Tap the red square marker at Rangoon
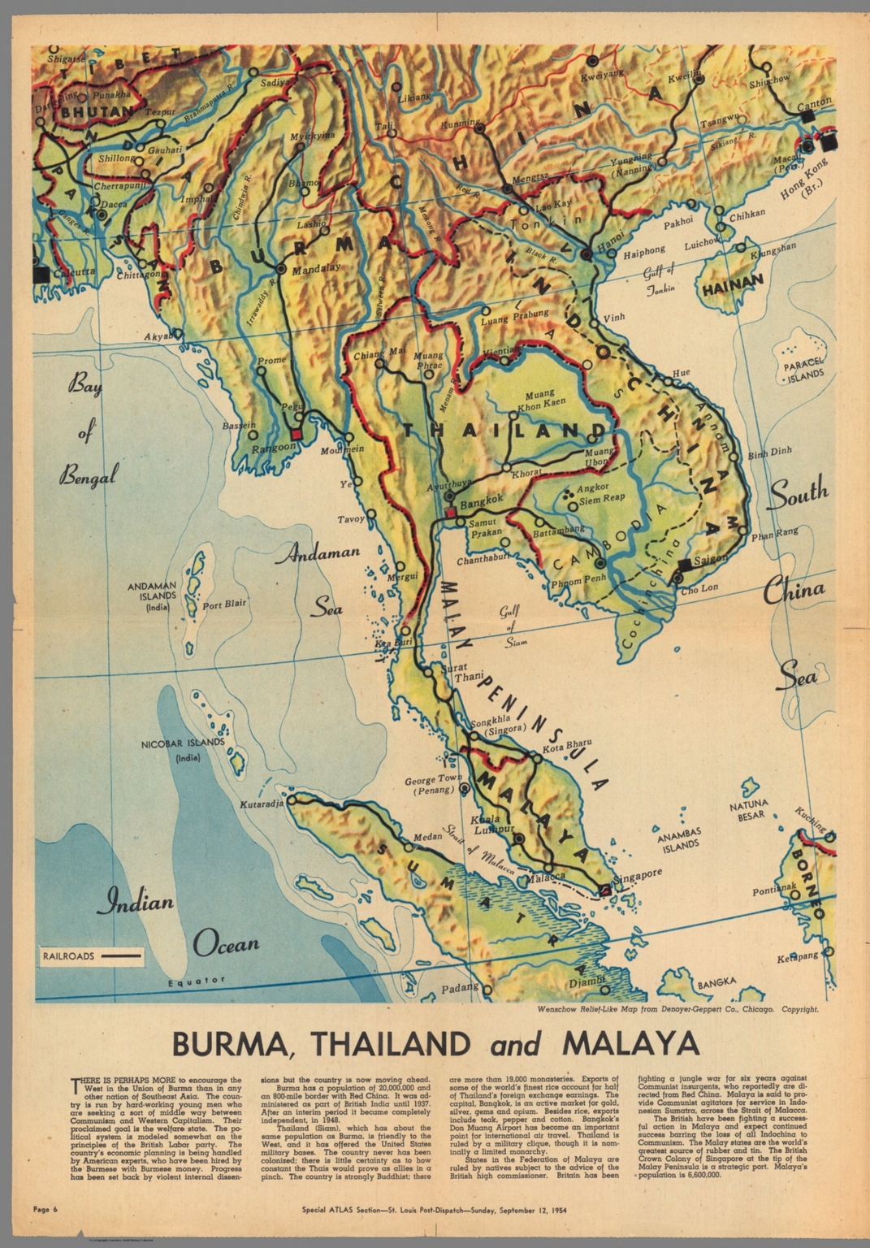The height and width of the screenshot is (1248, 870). tap(296, 434)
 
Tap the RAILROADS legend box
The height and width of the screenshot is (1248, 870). tap(90, 956)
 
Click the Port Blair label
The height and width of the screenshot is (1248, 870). tap(223, 604)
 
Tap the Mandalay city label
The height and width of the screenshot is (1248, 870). tap(313, 273)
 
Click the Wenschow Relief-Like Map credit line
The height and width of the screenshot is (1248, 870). tap(677, 1010)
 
